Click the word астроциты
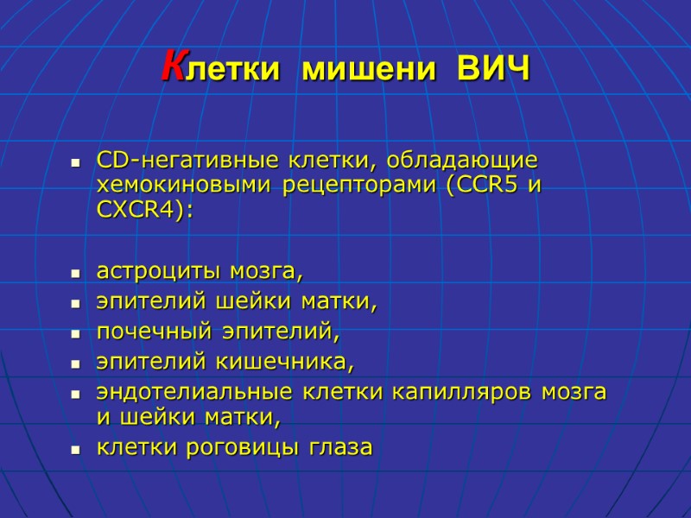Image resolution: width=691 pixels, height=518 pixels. (160, 274)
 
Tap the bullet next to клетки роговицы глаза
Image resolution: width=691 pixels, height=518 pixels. (76, 450)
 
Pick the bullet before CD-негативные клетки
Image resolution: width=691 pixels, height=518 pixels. (76, 163)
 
